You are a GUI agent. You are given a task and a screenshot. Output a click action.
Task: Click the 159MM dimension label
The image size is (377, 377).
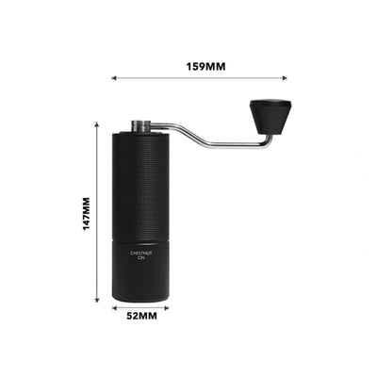pos(206,67)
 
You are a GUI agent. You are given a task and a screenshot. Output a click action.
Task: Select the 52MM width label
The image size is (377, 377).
pos(141,317)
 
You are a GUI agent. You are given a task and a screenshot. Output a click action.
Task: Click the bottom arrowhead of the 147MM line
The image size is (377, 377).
pos(99,299)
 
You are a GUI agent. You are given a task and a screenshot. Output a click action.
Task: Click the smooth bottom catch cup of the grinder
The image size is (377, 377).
pos(141,273)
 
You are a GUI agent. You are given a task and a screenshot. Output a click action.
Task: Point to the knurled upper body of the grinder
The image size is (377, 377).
pos(141,179)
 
